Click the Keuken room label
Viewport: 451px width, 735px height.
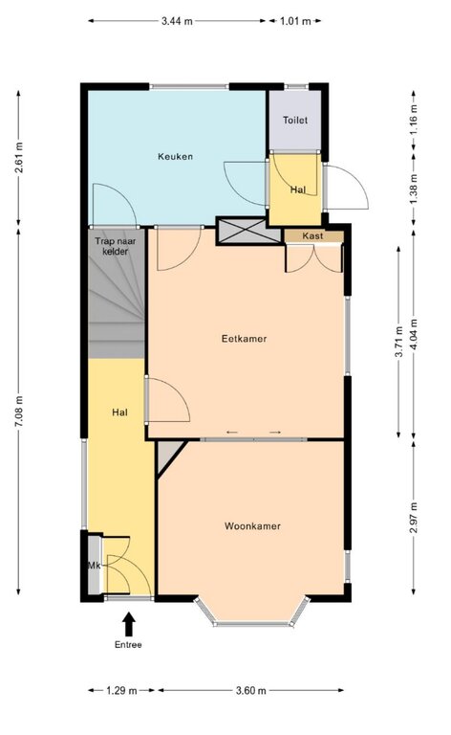pos(175,157)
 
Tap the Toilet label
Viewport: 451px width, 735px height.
pos(295,120)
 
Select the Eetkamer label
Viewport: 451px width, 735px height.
pos(244,339)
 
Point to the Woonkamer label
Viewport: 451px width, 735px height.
pos(252,526)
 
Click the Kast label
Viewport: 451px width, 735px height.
pos(312,235)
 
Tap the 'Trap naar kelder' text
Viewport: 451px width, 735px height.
pos(115,247)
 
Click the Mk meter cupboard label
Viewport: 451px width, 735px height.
pos(95,566)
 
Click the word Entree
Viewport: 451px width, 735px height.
pos(128,644)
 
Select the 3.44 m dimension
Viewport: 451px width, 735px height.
pos(177,21)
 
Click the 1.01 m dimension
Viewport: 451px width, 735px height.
pos(295,21)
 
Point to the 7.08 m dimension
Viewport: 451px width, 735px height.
pos(19,412)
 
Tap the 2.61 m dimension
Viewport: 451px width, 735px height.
pos(19,157)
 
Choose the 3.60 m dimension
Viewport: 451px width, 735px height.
pos(250,690)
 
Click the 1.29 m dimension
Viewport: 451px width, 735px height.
pos(121,690)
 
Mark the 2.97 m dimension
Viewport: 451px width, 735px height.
pos(414,518)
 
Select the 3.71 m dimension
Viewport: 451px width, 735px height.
pos(398,342)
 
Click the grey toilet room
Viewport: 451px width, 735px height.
pos(294,120)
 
